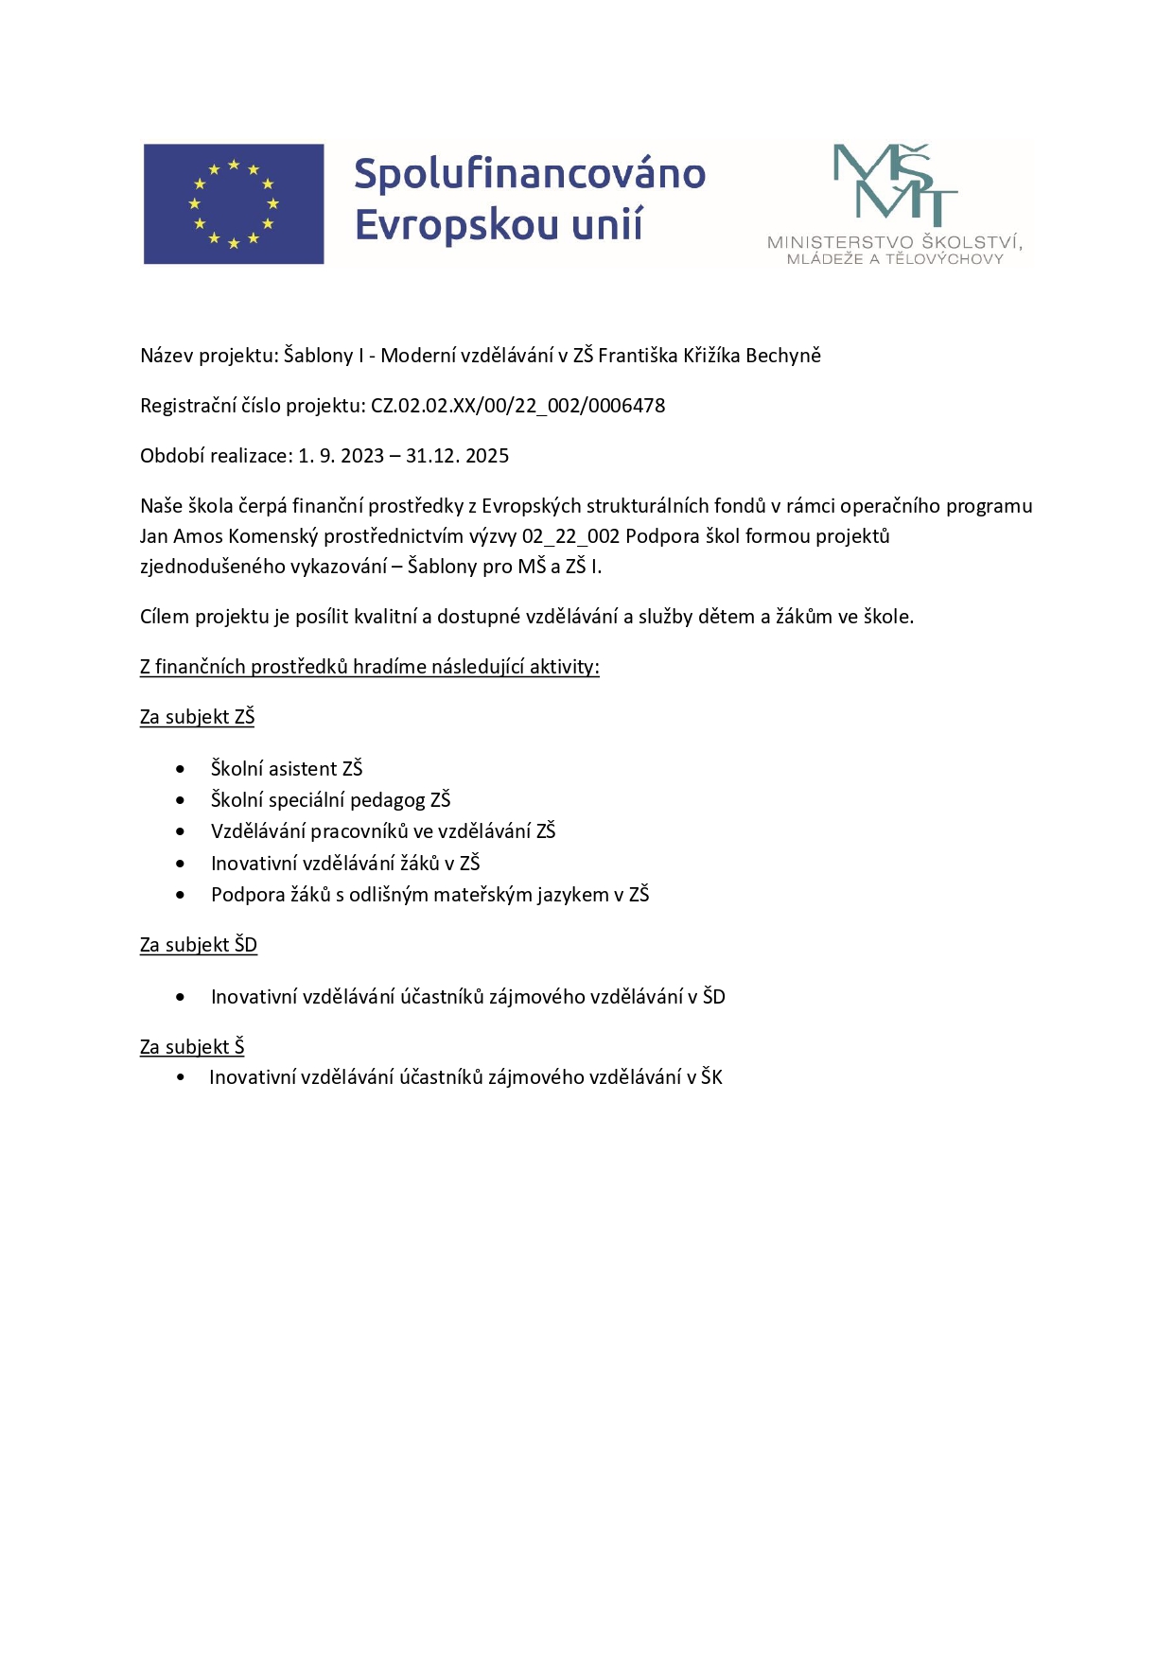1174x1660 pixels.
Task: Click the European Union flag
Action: click(234, 203)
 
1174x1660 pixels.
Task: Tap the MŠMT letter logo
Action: click(894, 185)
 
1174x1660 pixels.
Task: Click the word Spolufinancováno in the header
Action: click(530, 174)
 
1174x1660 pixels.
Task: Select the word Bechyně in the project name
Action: click(783, 356)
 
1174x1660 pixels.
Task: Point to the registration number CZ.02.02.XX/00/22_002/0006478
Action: click(517, 406)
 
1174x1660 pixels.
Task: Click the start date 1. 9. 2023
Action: click(342, 456)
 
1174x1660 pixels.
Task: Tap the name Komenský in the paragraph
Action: click(273, 536)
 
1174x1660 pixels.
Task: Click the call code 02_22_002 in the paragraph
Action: click(570, 536)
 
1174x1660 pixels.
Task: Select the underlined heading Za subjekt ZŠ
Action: click(197, 717)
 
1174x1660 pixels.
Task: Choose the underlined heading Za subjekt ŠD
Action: click(198, 945)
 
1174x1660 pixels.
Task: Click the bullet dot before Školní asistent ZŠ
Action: click(181, 769)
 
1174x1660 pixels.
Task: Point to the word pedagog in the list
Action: click(387, 800)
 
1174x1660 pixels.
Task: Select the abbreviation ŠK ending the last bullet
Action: click(711, 1077)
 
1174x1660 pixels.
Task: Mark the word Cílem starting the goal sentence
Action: click(165, 617)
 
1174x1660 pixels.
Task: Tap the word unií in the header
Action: click(620, 225)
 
